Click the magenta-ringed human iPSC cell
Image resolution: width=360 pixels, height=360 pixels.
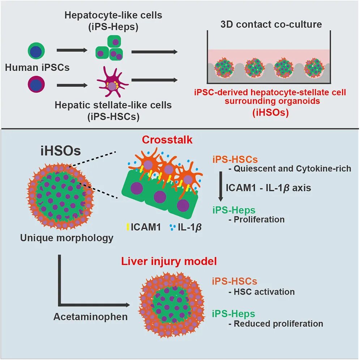tap(36, 85)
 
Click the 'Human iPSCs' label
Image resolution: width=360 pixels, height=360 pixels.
tap(37, 68)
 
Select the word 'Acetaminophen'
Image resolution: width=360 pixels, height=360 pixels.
tap(90, 317)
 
